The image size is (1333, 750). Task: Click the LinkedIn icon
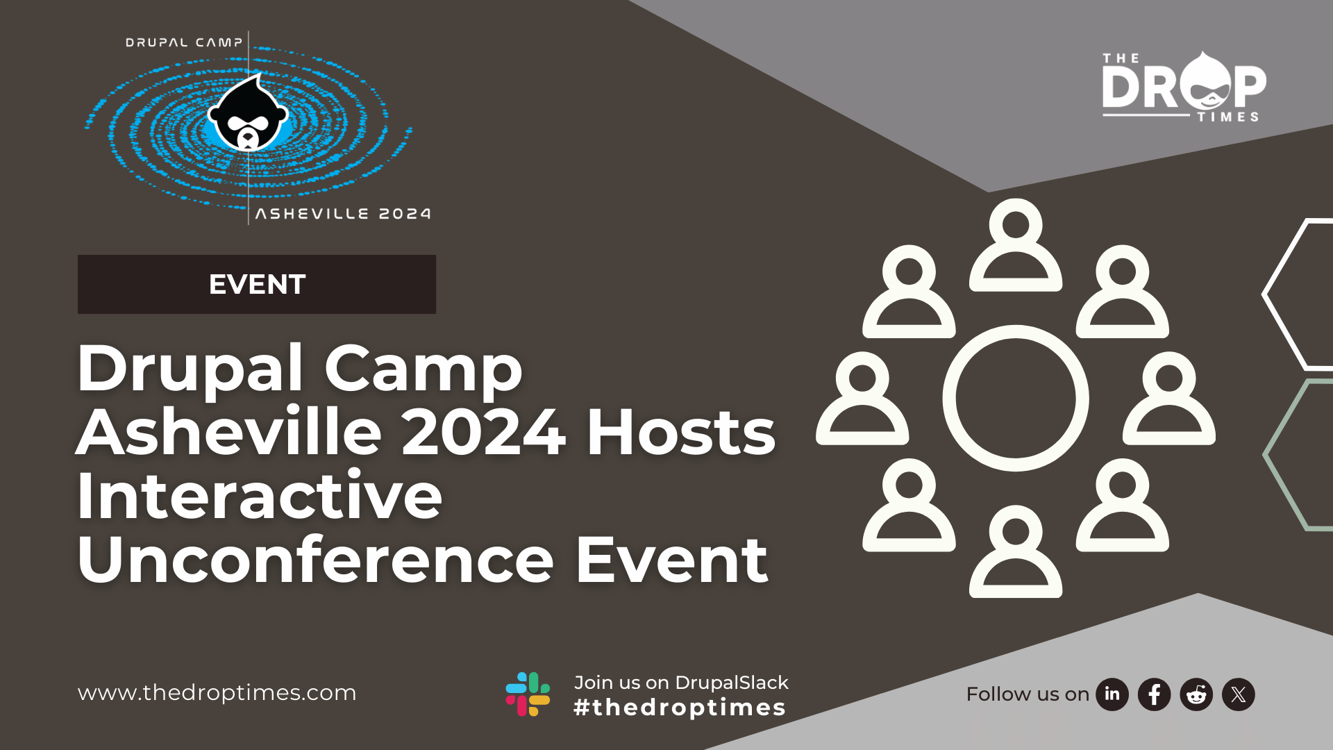[x=1112, y=694]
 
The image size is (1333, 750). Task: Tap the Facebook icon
[x=1155, y=694]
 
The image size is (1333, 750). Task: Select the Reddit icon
[x=1196, y=694]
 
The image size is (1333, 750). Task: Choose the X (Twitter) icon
[x=1239, y=694]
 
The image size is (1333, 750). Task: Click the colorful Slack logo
[x=528, y=694]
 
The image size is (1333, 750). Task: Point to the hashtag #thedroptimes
[x=680, y=708]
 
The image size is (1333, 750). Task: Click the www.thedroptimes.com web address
[x=217, y=693]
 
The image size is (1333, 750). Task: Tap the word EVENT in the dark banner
[x=257, y=285]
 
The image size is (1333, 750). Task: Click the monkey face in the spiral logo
[x=248, y=114]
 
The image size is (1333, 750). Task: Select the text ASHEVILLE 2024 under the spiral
[x=343, y=214]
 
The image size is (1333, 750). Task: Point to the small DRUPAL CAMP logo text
[x=184, y=42]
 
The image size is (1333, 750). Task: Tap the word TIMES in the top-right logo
[x=1228, y=117]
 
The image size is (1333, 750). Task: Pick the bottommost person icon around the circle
[x=1016, y=551]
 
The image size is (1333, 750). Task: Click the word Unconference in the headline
[x=316, y=560]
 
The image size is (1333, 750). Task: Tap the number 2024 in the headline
[x=483, y=432]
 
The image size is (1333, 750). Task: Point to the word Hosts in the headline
[x=681, y=432]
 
